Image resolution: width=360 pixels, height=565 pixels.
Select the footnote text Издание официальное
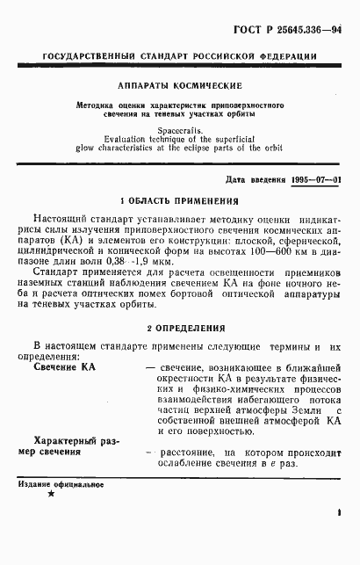tap(59, 485)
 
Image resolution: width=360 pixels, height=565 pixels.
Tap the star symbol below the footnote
tap(51, 496)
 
